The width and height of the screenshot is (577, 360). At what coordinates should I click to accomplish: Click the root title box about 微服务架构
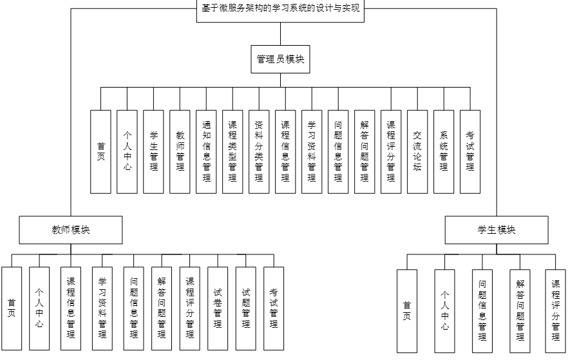click(x=280, y=10)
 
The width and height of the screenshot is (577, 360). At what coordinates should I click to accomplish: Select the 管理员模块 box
click(x=280, y=59)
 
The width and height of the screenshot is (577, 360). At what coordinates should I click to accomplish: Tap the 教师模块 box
click(x=71, y=230)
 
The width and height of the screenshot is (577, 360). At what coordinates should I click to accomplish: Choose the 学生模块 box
click(x=497, y=230)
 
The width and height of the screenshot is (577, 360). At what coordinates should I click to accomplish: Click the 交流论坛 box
click(x=417, y=151)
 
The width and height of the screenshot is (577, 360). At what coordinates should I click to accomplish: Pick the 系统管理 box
click(x=444, y=151)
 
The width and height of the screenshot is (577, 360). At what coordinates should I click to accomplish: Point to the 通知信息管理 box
click(x=206, y=151)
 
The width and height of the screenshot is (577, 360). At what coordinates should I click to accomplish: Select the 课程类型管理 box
click(x=232, y=151)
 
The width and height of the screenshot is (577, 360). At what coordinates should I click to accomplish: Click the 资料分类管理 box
click(x=259, y=151)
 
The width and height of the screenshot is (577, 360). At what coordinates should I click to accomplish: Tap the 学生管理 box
click(x=153, y=151)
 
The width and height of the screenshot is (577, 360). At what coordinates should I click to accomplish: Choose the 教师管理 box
click(x=180, y=151)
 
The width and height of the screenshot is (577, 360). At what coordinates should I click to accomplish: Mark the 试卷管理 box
click(x=218, y=307)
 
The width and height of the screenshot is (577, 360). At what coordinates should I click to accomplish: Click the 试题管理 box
click(x=245, y=307)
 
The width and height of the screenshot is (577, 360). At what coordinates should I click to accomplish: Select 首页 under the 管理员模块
click(x=100, y=151)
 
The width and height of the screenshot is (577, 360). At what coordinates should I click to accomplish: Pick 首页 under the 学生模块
click(x=407, y=310)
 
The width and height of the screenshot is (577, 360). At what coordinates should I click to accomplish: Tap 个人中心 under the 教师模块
click(x=39, y=308)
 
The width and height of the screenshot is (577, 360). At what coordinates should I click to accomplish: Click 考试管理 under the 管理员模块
click(x=470, y=151)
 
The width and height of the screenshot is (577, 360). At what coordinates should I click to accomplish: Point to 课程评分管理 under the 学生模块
click(x=556, y=310)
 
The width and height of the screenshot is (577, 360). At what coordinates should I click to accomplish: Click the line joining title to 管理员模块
click(x=280, y=33)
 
